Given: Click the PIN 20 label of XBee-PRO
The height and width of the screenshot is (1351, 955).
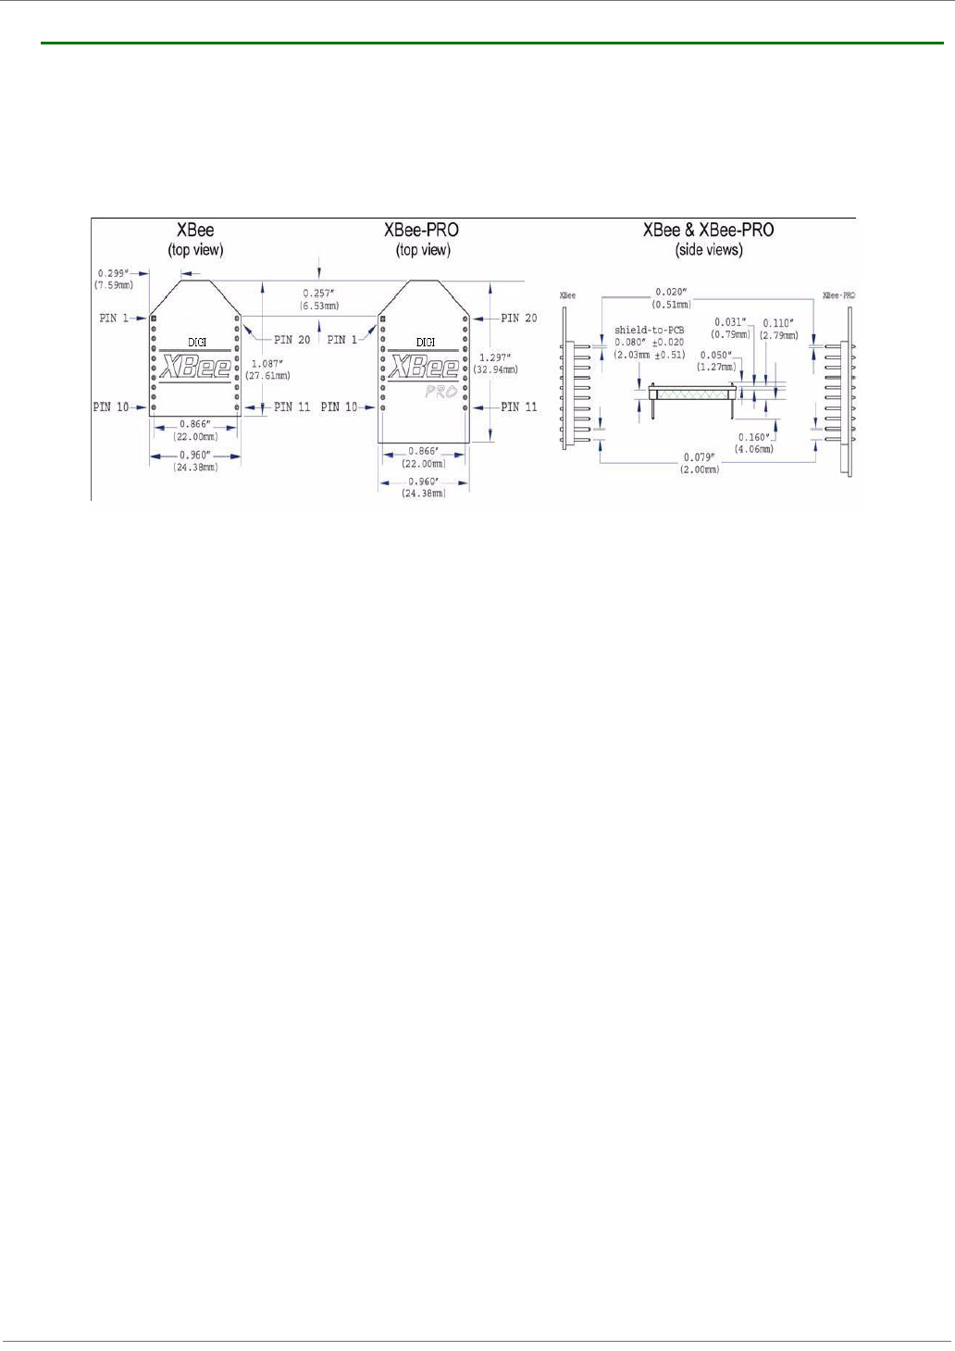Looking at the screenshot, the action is pos(518,318).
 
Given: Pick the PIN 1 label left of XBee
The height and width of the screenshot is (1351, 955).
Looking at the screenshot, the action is pos(114,318).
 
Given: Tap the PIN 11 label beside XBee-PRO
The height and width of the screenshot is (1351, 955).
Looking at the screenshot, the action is pos(518,407).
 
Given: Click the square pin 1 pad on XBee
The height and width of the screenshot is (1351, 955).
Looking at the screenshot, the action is pos(155,318).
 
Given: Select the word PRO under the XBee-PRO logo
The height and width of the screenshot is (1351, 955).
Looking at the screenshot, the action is pos(441,392).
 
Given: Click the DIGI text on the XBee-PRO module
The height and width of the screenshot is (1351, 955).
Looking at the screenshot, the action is pos(425,342).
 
